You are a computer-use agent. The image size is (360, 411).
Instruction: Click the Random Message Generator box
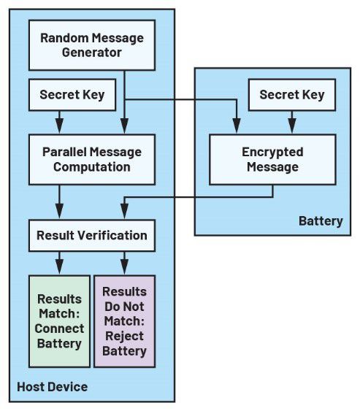coord(92,45)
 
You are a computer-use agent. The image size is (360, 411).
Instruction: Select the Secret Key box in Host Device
coord(72,95)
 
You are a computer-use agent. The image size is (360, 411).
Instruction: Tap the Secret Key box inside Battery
coord(292,95)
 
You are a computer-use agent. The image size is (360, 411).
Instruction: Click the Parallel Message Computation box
coord(92,159)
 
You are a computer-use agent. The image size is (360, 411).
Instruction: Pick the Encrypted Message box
coord(272,159)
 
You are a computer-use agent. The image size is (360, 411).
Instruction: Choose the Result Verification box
coord(92,235)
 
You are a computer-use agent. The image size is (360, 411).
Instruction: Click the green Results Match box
coord(60,321)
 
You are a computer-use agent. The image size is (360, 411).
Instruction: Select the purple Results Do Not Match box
coord(125,321)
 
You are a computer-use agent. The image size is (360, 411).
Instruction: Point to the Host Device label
coord(52,387)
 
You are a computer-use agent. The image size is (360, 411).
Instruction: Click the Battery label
coord(321,221)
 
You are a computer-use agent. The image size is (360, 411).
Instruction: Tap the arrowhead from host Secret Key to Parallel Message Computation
coord(60,126)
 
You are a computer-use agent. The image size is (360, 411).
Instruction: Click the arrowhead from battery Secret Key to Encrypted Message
coord(292,126)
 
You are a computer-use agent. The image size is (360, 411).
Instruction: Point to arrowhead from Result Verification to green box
coord(60,266)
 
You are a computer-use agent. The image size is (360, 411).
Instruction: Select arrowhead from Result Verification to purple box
coord(125,266)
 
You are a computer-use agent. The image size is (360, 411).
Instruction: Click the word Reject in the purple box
coord(124,337)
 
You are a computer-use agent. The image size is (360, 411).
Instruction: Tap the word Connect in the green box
coord(60,329)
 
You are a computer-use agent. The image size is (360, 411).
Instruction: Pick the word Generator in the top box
coord(92,53)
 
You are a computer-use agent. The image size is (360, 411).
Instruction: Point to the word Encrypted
coord(272,153)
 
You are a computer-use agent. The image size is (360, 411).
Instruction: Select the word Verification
coord(112,235)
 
